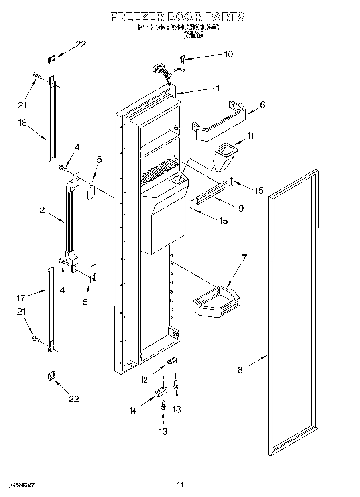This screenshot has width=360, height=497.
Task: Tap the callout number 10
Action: pyautogui.click(x=228, y=54)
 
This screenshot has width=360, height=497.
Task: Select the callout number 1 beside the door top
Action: pyautogui.click(x=218, y=89)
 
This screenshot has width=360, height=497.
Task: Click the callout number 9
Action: pyautogui.click(x=241, y=208)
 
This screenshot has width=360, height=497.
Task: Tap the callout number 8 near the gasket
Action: pyautogui.click(x=240, y=370)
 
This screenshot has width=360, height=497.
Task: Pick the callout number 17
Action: pyautogui.click(x=21, y=298)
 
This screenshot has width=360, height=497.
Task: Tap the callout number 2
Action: pyautogui.click(x=42, y=210)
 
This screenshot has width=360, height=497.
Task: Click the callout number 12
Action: pyautogui.click(x=144, y=379)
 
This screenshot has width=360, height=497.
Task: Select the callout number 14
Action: pyautogui.click(x=132, y=410)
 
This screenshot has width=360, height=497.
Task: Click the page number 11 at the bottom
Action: pyautogui.click(x=180, y=485)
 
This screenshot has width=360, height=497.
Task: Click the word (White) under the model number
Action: pyautogui.click(x=193, y=35)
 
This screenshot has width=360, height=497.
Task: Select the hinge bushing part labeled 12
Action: pyautogui.click(x=172, y=361)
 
